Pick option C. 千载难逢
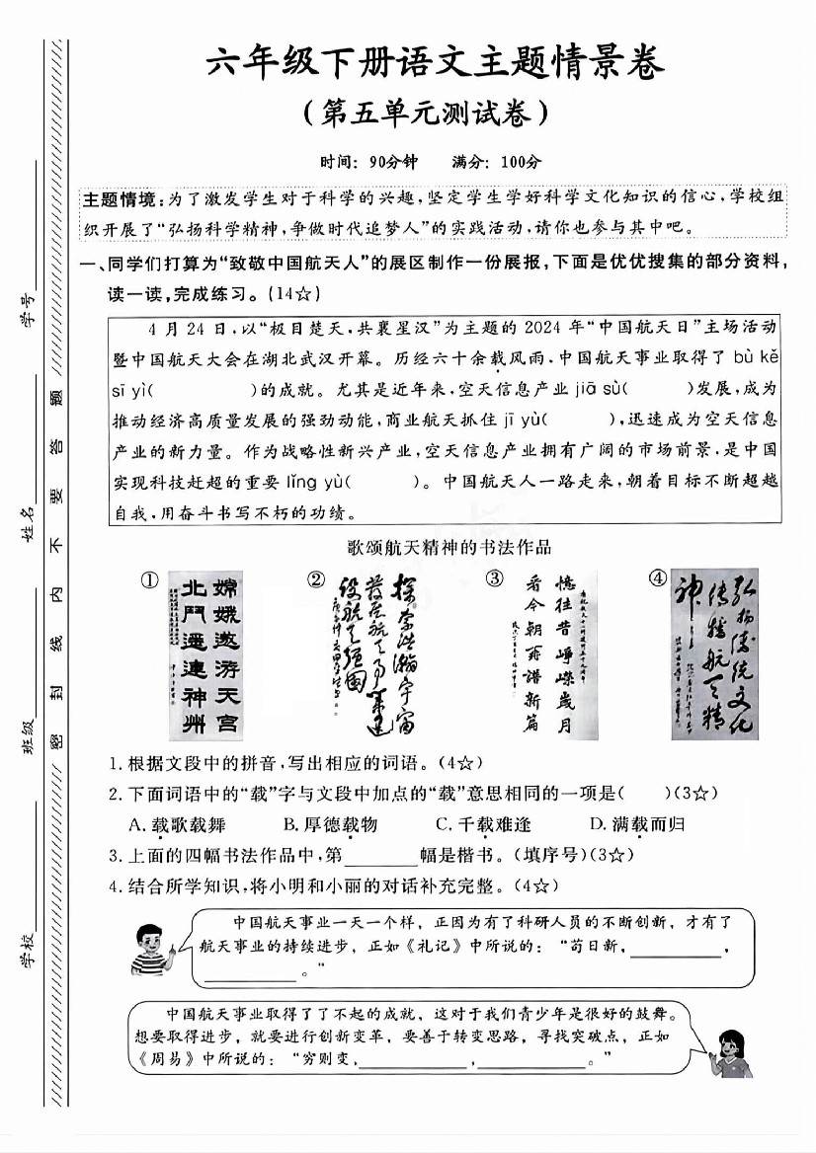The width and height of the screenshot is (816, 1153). coord(482,824)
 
